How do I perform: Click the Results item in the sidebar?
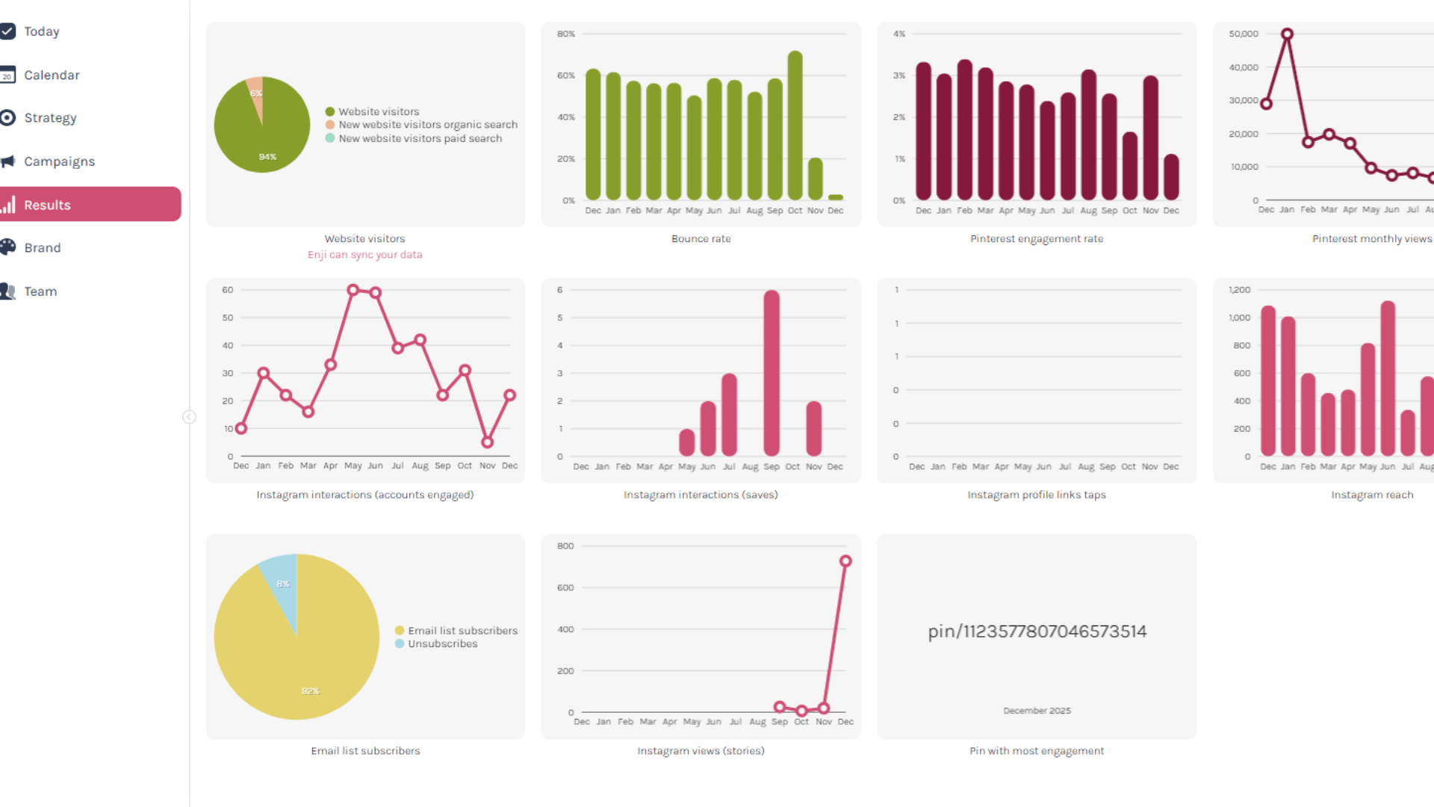47,205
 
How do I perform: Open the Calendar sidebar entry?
52,75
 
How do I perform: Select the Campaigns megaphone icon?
8,161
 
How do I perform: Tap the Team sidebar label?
40,291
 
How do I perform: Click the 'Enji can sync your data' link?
364,255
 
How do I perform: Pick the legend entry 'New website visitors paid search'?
420,138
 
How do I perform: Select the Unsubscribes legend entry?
442,644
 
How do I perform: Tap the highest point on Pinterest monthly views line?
1287,34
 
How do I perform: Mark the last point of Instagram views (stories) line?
845,561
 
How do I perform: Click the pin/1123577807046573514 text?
1037,631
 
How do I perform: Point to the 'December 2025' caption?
1037,711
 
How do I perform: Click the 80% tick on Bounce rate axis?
566,34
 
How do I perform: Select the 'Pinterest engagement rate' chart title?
1037,239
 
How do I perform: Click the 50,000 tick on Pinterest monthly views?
1244,34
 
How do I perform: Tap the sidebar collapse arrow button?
190,417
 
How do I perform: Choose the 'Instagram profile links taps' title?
1037,495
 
